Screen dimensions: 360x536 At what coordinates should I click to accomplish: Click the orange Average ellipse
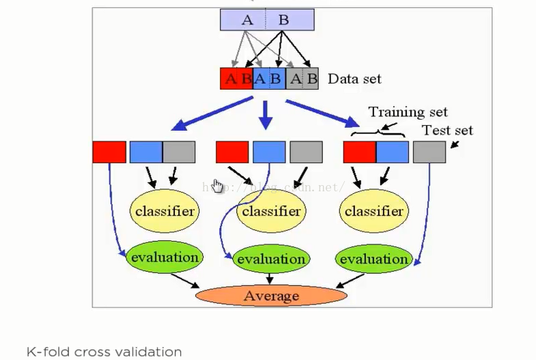[271, 296]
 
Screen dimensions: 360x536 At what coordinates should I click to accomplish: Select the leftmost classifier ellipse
[165, 211]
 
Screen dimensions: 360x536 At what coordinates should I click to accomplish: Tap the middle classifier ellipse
[270, 211]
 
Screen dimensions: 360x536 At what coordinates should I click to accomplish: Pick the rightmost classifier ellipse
[373, 211]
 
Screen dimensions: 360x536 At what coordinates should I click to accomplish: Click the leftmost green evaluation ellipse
[165, 258]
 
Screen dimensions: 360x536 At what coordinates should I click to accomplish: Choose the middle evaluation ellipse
[271, 259]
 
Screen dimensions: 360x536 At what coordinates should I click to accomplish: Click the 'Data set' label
[354, 79]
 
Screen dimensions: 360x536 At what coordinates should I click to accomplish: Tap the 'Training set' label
[408, 111]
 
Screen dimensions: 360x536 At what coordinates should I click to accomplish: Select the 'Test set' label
[447, 130]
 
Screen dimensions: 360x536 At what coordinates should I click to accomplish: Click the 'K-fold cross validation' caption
[104, 352]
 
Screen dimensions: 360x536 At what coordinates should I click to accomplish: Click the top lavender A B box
[267, 20]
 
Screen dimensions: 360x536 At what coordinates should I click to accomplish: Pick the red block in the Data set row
[236, 79]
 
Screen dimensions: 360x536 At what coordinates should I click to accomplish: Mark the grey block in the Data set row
[302, 79]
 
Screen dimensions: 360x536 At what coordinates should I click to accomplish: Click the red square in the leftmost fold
[109, 152]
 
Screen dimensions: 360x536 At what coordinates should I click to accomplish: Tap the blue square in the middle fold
[269, 152]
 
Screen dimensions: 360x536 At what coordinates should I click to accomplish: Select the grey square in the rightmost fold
[429, 152]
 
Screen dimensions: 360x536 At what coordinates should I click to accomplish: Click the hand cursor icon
[217, 186]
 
